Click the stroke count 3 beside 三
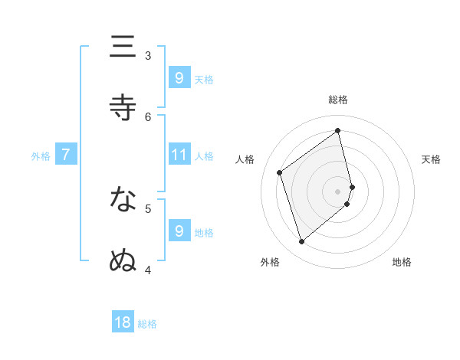[148, 55]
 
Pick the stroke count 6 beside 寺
[148, 116]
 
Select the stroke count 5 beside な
[148, 208]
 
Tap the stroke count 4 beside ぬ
[148, 270]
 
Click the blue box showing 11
[179, 155]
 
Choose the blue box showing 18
[123, 322]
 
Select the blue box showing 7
[66, 155]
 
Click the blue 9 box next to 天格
[179, 77]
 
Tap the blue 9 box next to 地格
[179, 231]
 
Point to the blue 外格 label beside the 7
[41, 155]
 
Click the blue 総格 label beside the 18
[147, 324]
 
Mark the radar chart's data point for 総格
[338, 129]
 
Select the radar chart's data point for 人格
[280, 172]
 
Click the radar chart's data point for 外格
[301, 242]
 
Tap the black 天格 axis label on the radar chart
[431, 159]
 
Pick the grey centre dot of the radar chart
[338, 191]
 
